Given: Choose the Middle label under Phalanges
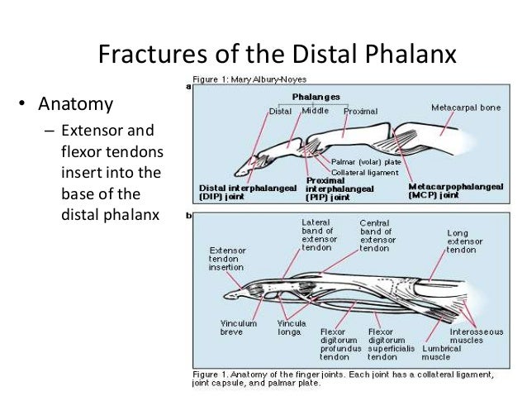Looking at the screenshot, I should click(316, 110).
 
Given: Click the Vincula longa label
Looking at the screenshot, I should click(292, 327).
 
